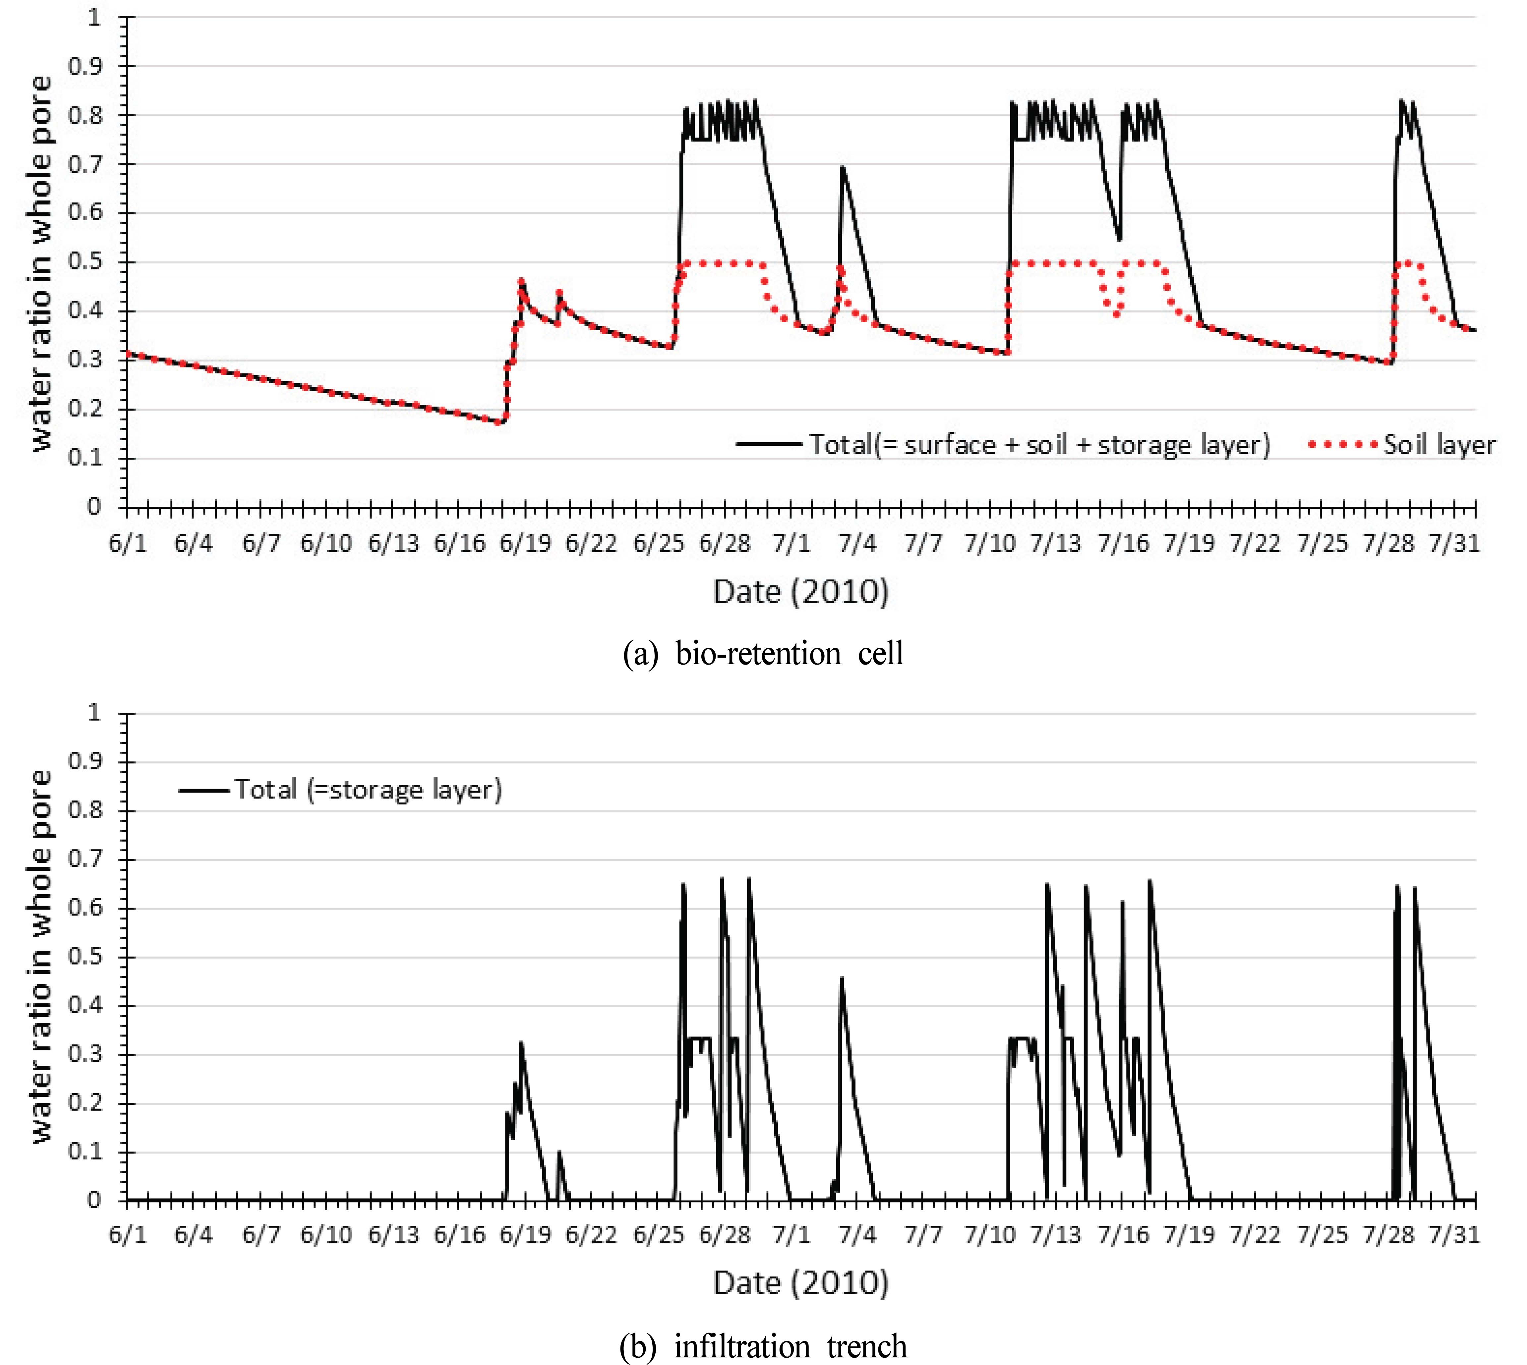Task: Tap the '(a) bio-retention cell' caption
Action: pos(764,653)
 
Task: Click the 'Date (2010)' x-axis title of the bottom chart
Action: pos(800,1283)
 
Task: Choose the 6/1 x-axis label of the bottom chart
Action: pos(128,1234)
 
